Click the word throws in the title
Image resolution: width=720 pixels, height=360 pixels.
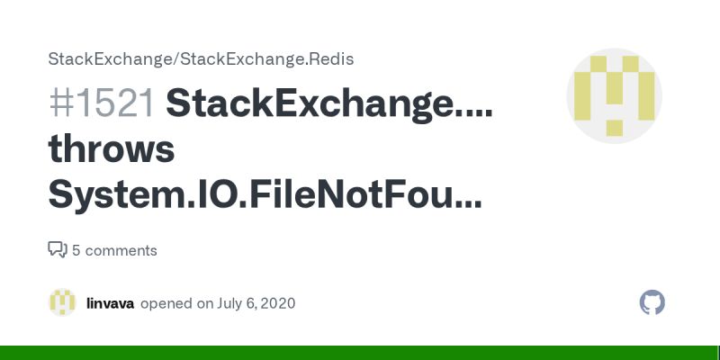pos(112,149)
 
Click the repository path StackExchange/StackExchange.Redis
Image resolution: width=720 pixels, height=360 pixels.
pos(201,59)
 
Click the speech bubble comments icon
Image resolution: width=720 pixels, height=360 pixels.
pos(57,249)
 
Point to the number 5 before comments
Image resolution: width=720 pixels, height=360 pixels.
pos(76,250)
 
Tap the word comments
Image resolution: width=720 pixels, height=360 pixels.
pos(121,250)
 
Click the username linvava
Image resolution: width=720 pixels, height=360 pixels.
pos(110,303)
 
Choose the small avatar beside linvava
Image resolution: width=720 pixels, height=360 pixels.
pos(62,303)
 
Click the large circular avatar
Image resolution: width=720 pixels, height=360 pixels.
pos(614,96)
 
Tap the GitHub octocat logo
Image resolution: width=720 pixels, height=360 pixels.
pos(652,302)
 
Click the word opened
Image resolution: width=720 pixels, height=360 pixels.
pos(166,303)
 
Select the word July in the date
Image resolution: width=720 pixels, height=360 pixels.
pos(229,303)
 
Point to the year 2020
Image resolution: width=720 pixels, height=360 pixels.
pos(277,303)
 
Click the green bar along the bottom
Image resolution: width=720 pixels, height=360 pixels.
pos(360,353)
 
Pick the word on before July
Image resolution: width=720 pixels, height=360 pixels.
pos(205,303)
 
